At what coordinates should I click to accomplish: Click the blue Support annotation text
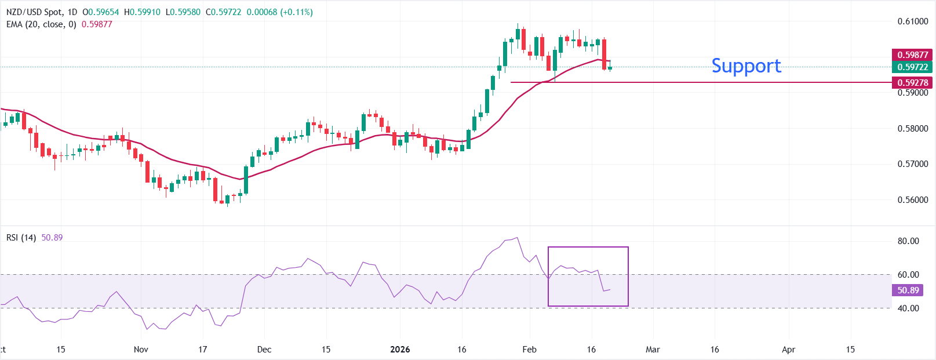(746, 66)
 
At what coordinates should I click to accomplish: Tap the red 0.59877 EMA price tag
(912, 55)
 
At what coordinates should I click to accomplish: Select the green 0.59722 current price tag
(912, 67)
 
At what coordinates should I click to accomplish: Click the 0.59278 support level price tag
(912, 83)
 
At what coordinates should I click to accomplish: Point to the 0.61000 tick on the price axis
(912, 21)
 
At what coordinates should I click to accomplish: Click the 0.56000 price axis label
(912, 200)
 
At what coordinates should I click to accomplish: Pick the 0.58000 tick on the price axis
(912, 129)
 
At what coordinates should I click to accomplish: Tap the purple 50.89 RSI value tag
(908, 290)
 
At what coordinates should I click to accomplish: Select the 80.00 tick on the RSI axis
(908, 241)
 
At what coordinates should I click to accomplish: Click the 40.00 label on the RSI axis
(908, 308)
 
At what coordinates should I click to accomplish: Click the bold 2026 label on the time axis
(400, 350)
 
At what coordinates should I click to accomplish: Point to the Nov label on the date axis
(141, 350)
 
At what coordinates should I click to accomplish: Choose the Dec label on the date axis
(264, 350)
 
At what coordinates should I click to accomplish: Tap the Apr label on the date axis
(788, 350)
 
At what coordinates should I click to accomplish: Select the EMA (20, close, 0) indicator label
(41, 24)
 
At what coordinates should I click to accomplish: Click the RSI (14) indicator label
(21, 238)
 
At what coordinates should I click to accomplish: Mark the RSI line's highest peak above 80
(517, 237)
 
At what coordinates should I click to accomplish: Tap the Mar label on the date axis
(653, 350)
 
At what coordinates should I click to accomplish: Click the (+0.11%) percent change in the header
(296, 12)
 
